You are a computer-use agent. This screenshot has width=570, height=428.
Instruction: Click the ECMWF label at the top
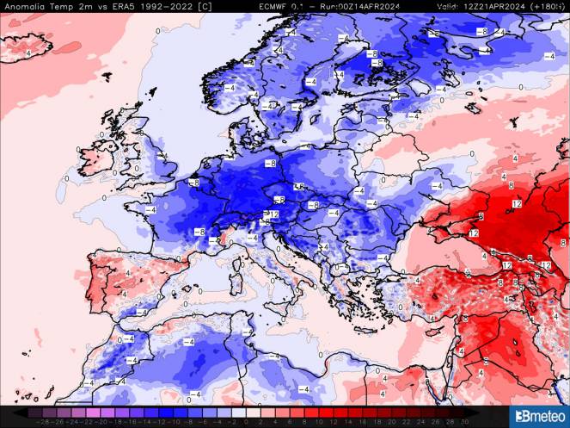(x=274, y=6)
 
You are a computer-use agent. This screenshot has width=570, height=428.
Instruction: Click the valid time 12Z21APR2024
(x=501, y=6)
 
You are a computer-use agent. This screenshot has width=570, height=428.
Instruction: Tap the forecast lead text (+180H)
(x=550, y=6)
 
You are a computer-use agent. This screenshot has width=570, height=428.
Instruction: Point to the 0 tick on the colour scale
(x=247, y=422)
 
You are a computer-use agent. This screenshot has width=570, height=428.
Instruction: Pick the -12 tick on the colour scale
(x=147, y=422)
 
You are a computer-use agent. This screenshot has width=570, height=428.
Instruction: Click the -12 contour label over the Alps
(x=273, y=214)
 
